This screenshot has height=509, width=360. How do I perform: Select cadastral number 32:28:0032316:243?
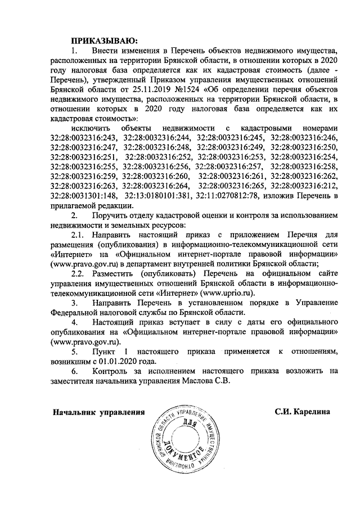pos(83,137)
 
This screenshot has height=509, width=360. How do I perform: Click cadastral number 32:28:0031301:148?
pos(83,196)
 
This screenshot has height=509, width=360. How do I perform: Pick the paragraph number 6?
pos(74,371)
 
